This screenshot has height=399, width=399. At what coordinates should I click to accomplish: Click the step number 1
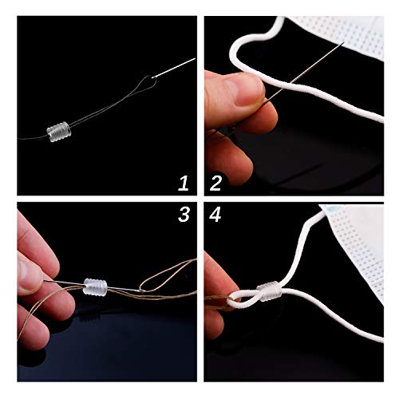(x=184, y=184)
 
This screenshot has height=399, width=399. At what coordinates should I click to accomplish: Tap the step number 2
(x=215, y=184)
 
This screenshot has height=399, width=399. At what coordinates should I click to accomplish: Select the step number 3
(x=184, y=215)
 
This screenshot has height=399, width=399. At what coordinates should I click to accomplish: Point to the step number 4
(x=215, y=215)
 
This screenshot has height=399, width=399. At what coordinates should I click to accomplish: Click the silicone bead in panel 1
(x=59, y=132)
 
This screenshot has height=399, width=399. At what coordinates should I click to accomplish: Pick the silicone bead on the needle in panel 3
(x=95, y=287)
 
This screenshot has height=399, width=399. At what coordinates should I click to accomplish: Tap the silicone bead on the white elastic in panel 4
(x=268, y=291)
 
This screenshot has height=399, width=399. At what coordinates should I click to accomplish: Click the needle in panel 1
(x=174, y=68)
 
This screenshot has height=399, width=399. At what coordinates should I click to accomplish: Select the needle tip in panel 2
(x=345, y=41)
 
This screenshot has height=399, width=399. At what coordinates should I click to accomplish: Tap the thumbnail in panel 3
(x=25, y=269)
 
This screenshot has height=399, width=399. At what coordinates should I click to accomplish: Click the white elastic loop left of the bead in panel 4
(x=241, y=298)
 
